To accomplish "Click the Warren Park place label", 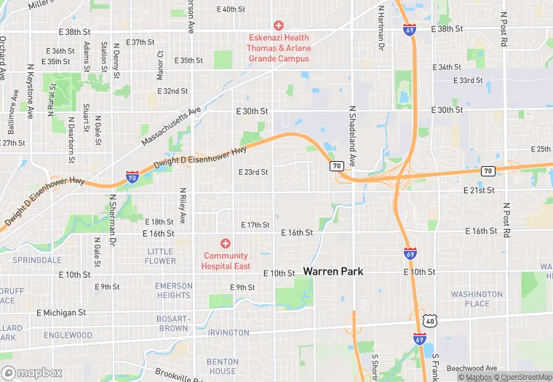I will (x=333, y=271).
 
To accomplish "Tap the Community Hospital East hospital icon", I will (x=226, y=243).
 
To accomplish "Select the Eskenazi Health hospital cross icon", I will (x=278, y=25).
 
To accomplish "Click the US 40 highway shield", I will (x=431, y=321).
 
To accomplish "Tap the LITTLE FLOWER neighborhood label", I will (x=160, y=256).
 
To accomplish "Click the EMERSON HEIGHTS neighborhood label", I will (x=173, y=290).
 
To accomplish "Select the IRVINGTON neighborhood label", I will (x=228, y=333).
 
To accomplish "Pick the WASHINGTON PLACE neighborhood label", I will (x=477, y=299).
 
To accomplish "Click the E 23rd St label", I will (x=253, y=172).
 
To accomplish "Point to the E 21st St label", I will (x=480, y=190).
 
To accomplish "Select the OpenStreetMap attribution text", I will (x=522, y=377).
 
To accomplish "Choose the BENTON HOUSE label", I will (x=222, y=366).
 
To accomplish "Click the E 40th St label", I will (x=231, y=9).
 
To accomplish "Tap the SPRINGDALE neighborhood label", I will (x=36, y=260).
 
